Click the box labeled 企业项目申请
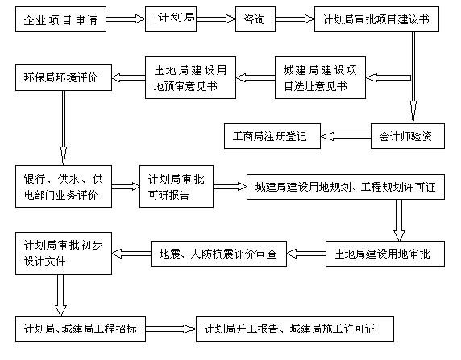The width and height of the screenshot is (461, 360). click(x=61, y=19)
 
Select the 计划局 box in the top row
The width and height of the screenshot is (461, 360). click(x=171, y=19)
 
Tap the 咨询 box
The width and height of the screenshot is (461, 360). click(x=255, y=19)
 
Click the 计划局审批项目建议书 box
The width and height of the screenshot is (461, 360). click(x=376, y=19)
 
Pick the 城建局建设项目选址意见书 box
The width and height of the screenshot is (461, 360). click(x=320, y=77)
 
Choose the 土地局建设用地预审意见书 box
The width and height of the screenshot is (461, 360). click(x=190, y=77)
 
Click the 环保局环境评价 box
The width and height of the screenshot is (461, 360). click(x=64, y=77)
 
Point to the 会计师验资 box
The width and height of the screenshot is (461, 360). click(x=408, y=136)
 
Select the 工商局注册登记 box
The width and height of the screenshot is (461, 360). click(x=272, y=136)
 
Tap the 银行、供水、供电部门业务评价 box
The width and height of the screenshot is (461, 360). click(x=64, y=186)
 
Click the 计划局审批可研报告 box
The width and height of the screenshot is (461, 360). click(x=177, y=186)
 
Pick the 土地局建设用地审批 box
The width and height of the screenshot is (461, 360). click(x=385, y=254)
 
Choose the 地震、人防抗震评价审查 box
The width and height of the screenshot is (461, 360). click(x=218, y=254)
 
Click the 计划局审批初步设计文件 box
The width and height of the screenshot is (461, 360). click(x=64, y=254)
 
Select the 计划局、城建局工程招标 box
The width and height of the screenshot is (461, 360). click(x=81, y=329)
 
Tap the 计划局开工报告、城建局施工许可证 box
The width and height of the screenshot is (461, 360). click(x=295, y=329)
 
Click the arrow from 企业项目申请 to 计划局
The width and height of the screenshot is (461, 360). click(x=126, y=19)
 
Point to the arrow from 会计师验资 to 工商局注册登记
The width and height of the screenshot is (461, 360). click(x=346, y=136)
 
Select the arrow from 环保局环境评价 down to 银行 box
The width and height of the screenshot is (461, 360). click(x=64, y=128)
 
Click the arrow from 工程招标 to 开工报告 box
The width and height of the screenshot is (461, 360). click(x=171, y=329)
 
